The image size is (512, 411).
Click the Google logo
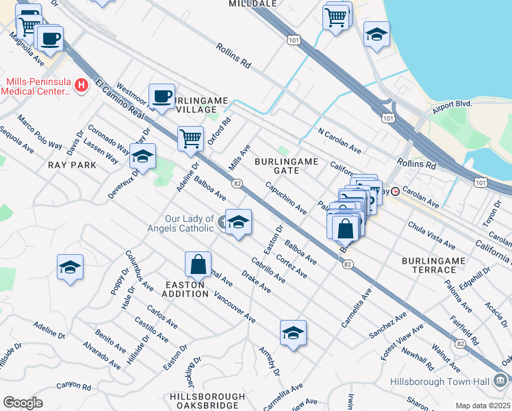pos(23,402)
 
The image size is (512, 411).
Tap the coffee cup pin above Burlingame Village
pos(162,96)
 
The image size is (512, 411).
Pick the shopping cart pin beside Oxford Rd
pos(191,138)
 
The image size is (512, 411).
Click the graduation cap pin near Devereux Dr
pos(142,157)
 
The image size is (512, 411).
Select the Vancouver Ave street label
pos(235,307)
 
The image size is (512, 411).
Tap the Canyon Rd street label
pos(73,385)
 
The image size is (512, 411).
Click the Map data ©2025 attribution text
pos(483,405)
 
